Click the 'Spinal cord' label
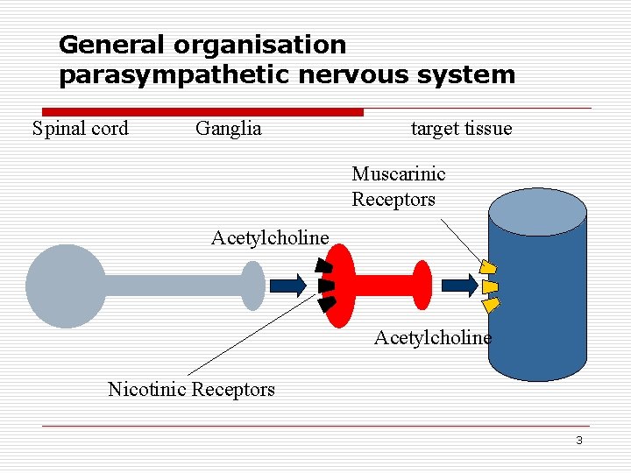(80, 129)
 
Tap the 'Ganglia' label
(228, 129)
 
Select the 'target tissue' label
(461, 129)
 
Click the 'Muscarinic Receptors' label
(398, 187)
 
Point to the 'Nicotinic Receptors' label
(191, 389)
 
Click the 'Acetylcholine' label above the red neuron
(270, 237)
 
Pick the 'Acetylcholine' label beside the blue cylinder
(432, 337)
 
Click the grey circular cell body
(66, 286)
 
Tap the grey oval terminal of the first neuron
(252, 286)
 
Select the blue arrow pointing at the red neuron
(287, 285)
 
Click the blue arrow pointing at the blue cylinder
(459, 285)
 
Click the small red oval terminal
(422, 285)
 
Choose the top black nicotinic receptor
(325, 265)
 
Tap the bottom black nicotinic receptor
(326, 305)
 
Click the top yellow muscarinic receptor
(489, 266)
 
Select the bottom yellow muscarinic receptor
(492, 305)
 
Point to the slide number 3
(578, 441)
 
